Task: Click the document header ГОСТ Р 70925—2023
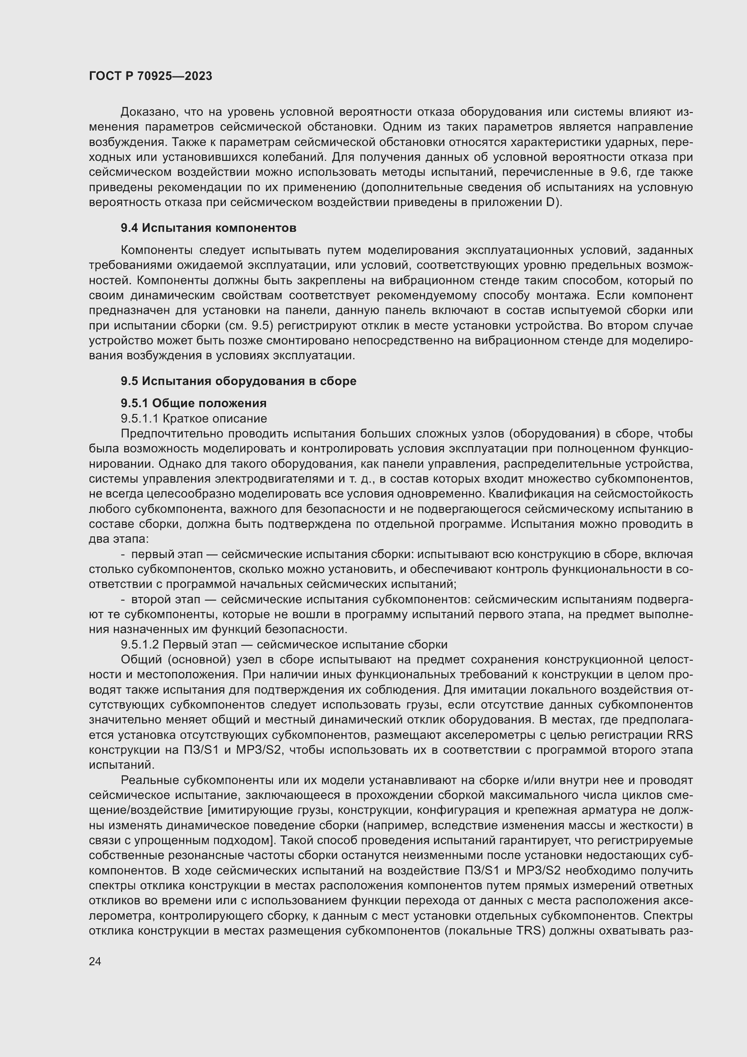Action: (x=150, y=76)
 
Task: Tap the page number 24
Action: (x=95, y=961)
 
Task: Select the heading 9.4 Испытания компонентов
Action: (x=208, y=228)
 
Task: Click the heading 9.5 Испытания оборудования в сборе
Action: (x=238, y=381)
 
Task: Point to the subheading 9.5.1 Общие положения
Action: (x=194, y=403)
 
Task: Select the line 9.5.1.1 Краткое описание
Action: (x=194, y=418)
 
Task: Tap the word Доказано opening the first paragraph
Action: (x=149, y=112)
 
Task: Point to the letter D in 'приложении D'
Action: (x=551, y=202)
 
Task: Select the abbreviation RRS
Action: (x=682, y=735)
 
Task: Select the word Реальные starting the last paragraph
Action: (x=149, y=780)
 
